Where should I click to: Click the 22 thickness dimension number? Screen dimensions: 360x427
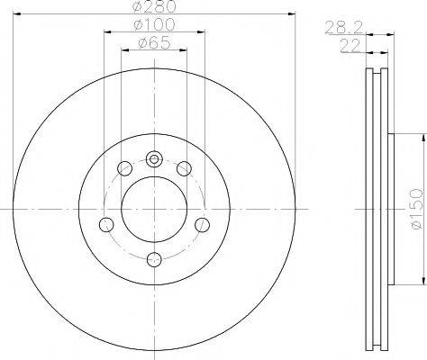[344, 45]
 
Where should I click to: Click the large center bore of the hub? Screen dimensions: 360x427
[154, 210]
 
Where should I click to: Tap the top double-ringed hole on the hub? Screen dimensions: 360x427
[154, 160]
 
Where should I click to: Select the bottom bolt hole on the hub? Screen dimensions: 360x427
[154, 260]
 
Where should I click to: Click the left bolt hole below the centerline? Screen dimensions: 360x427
[106, 225]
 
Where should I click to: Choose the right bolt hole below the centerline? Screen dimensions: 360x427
[202, 225]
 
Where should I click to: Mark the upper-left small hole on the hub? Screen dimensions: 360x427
[124, 168]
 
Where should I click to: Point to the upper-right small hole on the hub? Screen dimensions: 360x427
[184, 168]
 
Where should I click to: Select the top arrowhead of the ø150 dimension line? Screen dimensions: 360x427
[421, 137]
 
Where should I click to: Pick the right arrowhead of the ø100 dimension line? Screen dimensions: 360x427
[201, 31]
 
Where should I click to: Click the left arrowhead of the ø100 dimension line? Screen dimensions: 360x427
[107, 31]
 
